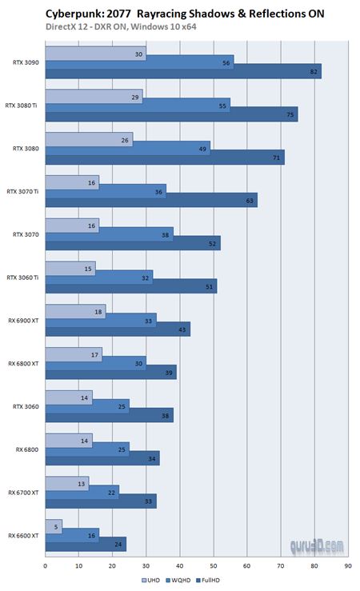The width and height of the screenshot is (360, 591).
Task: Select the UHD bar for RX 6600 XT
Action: coord(54,526)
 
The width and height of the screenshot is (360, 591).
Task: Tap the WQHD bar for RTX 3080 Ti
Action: coord(138,105)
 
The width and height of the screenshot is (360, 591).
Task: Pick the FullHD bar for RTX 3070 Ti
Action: coord(151,201)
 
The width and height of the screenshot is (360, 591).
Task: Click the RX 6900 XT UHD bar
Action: coord(75,311)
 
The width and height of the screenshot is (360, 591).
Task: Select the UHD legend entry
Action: coord(151,579)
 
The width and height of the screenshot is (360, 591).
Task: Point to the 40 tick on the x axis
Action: coord(179,565)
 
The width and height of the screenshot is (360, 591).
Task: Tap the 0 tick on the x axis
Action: coord(45,565)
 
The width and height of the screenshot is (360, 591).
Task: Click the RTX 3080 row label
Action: coord(27,148)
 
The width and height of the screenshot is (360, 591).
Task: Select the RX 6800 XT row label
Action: coord(24,364)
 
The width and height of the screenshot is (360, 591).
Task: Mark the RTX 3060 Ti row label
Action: coord(24,278)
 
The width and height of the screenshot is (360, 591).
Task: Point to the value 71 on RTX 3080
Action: coord(277,158)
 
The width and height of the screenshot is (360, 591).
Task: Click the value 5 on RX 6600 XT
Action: coord(57,526)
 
